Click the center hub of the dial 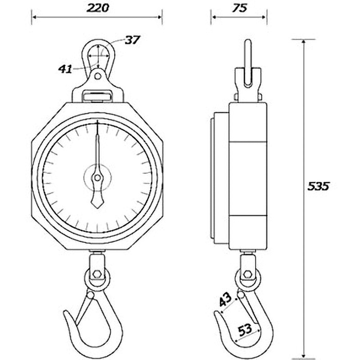pyautogui.click(x=97, y=175)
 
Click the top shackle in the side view pyautogui.click(x=247, y=63)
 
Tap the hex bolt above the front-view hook pyautogui.click(x=97, y=274)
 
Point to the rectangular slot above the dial pyautogui.click(x=97, y=95)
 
